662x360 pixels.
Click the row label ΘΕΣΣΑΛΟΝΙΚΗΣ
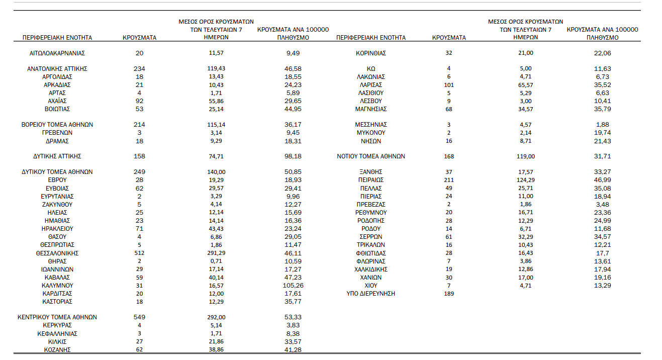(57, 253)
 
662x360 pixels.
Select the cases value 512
(139, 253)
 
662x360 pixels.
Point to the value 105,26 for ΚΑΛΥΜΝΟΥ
(294, 285)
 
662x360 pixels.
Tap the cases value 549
(139, 317)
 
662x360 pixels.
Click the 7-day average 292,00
(216, 317)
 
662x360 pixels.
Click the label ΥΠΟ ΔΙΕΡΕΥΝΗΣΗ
(370, 293)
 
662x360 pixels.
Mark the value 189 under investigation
(449, 293)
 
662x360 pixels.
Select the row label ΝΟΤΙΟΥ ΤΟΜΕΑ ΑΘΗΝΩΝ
(370, 156)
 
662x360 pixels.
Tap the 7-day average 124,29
(523, 180)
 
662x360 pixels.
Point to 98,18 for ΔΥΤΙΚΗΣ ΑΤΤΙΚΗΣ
(294, 156)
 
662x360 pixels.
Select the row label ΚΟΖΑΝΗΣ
(57, 349)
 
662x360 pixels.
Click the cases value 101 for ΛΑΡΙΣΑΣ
(449, 85)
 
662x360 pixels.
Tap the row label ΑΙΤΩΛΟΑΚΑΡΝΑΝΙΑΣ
(57, 53)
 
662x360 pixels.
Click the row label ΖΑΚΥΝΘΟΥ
(57, 205)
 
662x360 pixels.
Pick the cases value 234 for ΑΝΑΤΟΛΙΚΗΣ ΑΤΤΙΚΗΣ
(139, 69)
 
